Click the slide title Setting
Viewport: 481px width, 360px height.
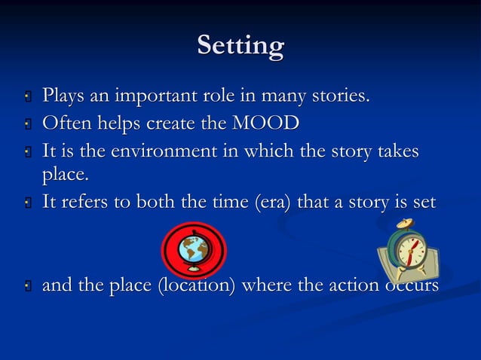(x=240, y=46)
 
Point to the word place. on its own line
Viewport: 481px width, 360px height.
(x=66, y=176)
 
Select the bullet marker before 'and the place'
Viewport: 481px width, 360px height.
(x=26, y=287)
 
